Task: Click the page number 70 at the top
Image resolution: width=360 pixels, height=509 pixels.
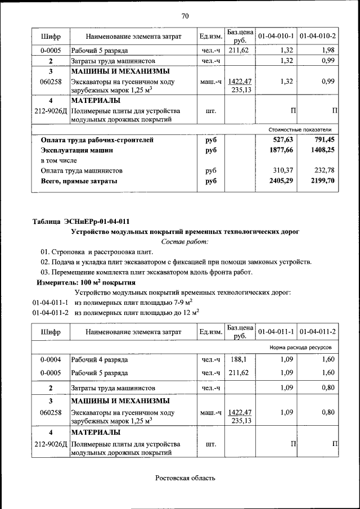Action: pyautogui.click(x=184, y=15)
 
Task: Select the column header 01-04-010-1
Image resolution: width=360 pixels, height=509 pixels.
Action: pyautogui.click(x=276, y=36)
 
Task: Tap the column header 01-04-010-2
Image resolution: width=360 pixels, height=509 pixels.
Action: pyautogui.click(x=318, y=36)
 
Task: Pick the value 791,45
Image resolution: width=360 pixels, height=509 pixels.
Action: pyautogui.click(x=325, y=140)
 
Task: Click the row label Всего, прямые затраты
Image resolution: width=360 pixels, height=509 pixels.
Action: pyautogui.click(x=79, y=181)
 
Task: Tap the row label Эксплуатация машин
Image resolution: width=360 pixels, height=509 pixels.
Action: pyautogui.click(x=76, y=150)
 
